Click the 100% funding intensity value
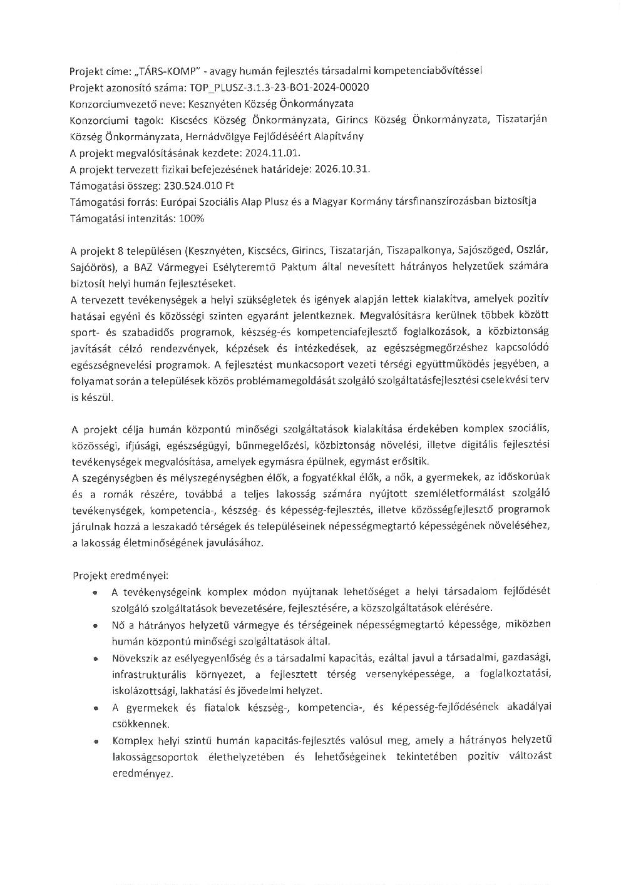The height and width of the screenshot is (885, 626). tap(192, 218)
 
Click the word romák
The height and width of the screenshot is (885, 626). tap(98, 494)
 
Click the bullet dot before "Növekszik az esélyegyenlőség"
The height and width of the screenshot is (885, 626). tap(94, 658)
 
